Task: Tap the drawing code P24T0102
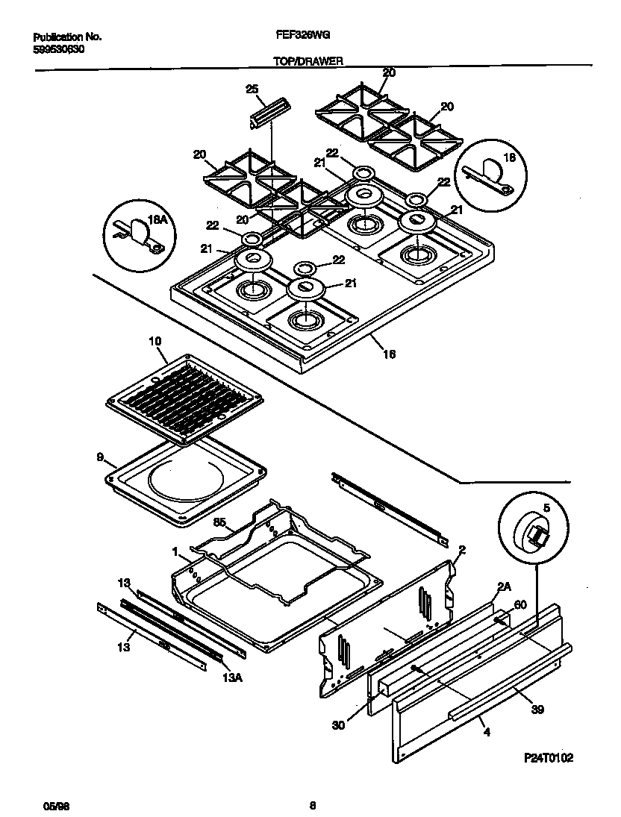click(548, 758)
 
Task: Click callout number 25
click(252, 90)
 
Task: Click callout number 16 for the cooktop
click(389, 354)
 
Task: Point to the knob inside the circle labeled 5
click(534, 533)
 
